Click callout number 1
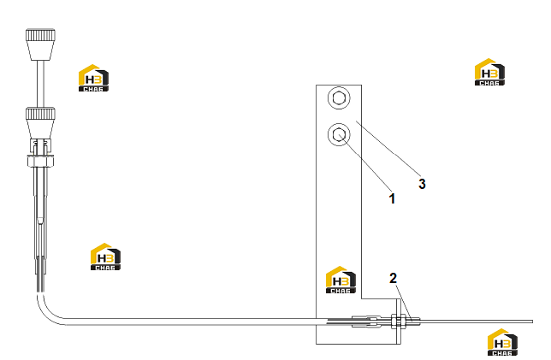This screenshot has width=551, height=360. click(x=392, y=198)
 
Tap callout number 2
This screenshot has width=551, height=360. click(x=393, y=278)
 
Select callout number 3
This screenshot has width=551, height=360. click(x=422, y=184)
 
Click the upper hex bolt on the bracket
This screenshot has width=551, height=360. click(x=339, y=98)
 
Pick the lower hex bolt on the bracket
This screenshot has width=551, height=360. click(x=339, y=134)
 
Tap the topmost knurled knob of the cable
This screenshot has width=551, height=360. click(x=40, y=44)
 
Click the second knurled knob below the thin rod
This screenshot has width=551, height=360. click(x=40, y=123)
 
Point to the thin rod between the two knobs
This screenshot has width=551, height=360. click(x=41, y=84)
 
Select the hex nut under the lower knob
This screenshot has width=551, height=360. click(x=40, y=162)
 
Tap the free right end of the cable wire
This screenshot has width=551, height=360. click(x=532, y=322)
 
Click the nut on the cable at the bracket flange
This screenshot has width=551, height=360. click(x=398, y=321)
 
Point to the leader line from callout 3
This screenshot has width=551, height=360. click(x=388, y=148)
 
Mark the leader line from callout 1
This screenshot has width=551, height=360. click(x=364, y=162)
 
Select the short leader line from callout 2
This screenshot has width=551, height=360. click(x=404, y=303)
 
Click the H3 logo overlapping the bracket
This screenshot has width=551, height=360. click(x=341, y=280)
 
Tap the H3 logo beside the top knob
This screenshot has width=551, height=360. click(x=93, y=78)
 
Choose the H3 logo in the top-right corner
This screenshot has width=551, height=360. click(x=489, y=72)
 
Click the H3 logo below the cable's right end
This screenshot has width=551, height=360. click(x=502, y=342)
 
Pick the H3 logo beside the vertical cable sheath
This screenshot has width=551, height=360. click(x=105, y=257)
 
